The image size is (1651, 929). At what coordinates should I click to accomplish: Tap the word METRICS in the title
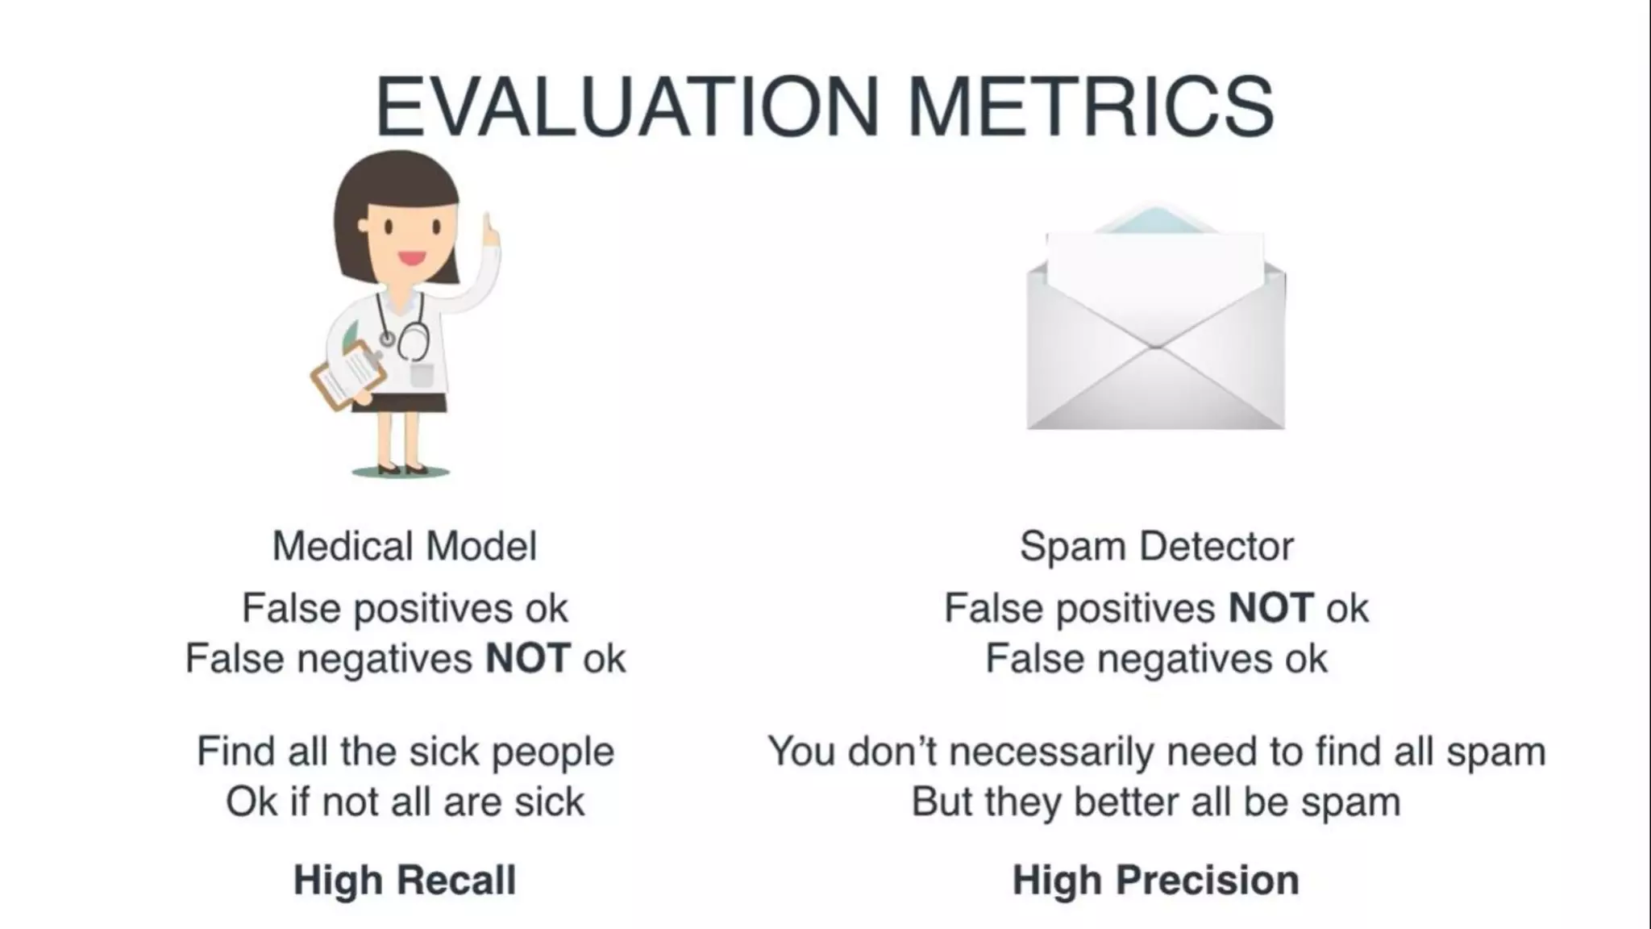(1090, 107)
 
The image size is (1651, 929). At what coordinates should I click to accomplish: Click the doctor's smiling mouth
(412, 259)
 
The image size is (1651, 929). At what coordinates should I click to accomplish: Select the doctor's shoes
(401, 468)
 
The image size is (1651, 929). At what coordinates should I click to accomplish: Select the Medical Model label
(405, 546)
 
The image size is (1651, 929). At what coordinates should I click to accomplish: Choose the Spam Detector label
(1156, 546)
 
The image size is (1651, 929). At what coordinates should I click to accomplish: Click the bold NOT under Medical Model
(528, 659)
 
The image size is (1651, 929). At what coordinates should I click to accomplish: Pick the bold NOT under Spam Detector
(1271, 608)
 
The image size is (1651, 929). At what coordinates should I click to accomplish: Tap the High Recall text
(405, 880)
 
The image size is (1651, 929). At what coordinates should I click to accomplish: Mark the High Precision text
(1156, 880)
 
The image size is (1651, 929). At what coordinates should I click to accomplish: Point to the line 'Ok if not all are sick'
(405, 802)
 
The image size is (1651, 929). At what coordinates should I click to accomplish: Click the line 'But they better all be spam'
(1156, 802)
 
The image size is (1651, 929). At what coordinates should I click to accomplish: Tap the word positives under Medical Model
(434, 609)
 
